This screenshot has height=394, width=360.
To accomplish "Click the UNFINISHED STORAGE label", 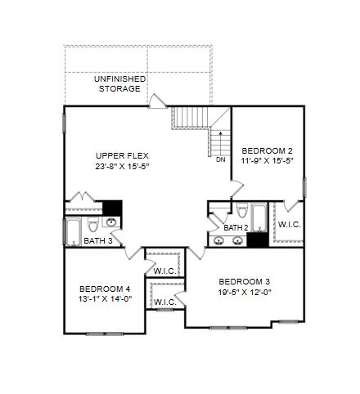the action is click(119, 83).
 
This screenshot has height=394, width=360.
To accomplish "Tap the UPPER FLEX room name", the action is click(122, 156).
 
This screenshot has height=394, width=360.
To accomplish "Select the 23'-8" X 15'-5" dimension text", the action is click(123, 166).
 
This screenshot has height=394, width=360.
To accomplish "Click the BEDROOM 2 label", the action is click(267, 150).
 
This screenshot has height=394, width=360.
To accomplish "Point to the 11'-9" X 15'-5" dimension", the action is click(267, 161).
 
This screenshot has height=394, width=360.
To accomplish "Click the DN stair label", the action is click(221, 160).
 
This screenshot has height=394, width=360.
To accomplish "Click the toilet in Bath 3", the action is click(93, 225).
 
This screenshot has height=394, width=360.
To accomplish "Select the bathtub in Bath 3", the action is click(73, 232).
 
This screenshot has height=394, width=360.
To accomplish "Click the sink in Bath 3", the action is click(111, 222).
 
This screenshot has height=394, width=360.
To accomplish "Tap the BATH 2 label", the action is click(236, 228).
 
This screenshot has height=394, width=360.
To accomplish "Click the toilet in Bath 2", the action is click(242, 210).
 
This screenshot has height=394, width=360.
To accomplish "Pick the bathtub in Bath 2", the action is click(259, 217).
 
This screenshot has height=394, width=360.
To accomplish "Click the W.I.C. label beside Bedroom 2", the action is click(290, 225).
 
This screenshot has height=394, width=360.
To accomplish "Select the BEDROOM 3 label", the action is click(245, 281).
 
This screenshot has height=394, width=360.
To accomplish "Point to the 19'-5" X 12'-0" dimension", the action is click(245, 292).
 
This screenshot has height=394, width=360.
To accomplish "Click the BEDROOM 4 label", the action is click(105, 289).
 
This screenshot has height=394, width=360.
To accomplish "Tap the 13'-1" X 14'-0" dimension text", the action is click(105, 299).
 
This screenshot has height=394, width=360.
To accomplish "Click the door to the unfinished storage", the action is click(157, 101).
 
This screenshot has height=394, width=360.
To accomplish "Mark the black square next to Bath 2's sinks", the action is click(258, 240).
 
